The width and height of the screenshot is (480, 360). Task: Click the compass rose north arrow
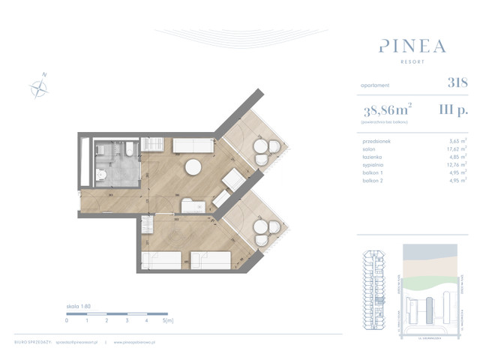39,87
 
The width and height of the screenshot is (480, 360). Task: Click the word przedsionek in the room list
376,140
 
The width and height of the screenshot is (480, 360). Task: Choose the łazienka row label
373,157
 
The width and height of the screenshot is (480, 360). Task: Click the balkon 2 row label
373,181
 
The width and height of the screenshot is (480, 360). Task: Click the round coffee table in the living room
193,166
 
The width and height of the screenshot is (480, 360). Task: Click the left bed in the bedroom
161,259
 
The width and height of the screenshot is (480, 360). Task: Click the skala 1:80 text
78,307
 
